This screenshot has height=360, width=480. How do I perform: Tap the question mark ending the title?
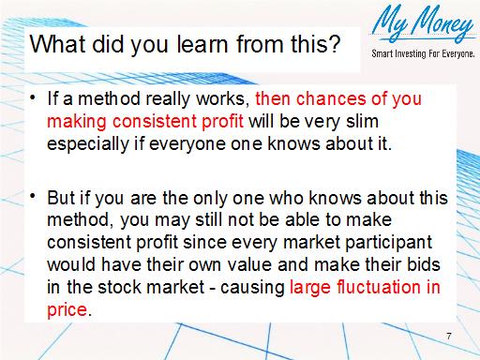tap(335, 45)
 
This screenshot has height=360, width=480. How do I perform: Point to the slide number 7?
tap(449, 336)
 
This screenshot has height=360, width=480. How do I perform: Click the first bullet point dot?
tap(34, 97)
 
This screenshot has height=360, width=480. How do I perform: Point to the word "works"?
tap(221, 99)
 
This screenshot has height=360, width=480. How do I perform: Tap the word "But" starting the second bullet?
tap(62, 199)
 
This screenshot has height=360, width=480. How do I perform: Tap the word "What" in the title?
tap(56, 45)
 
